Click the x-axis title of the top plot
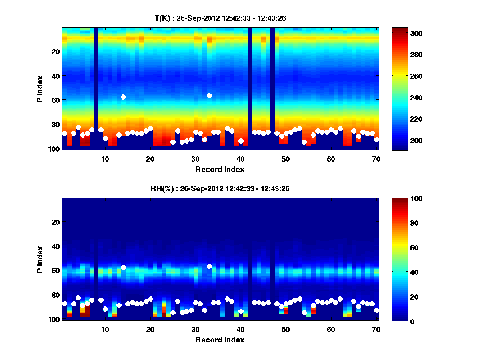pyautogui.click(x=220, y=169)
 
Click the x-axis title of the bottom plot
pyautogui.click(x=220, y=340)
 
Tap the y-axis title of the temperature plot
pyautogui.click(x=40, y=89)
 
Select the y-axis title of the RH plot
pyautogui.click(x=40, y=259)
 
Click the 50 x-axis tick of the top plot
pyautogui.click(x=286, y=159)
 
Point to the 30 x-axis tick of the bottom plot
pyautogui.click(x=195, y=329)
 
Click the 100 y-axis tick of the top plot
pyautogui.click(x=54, y=149)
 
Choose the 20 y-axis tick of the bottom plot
pyautogui.click(x=56, y=222)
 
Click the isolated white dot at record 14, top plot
pyautogui.click(x=123, y=97)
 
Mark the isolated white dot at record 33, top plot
pyautogui.click(x=209, y=96)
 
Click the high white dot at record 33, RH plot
pyautogui.click(x=209, y=266)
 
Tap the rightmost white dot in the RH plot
pyautogui.click(x=376, y=310)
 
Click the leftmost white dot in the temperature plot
pyautogui.click(x=65, y=133)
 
